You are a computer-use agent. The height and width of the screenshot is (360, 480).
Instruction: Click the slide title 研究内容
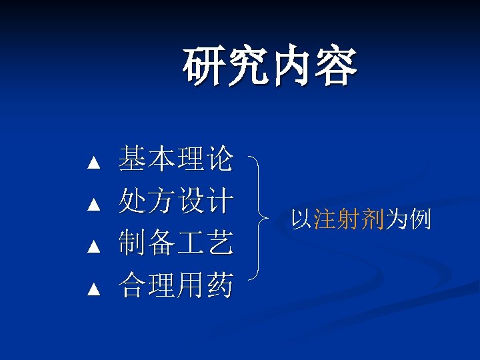click(x=270, y=67)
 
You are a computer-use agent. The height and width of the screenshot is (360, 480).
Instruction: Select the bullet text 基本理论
click(x=175, y=159)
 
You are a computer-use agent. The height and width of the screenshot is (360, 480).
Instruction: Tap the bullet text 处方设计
click(x=175, y=201)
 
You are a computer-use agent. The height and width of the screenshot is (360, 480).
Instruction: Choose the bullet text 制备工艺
click(x=175, y=243)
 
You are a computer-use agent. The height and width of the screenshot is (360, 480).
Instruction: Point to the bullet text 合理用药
click(x=175, y=286)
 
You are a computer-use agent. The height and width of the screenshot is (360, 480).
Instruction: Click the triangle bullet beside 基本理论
click(x=93, y=162)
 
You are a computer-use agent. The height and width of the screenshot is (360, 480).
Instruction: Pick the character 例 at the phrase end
click(x=420, y=219)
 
